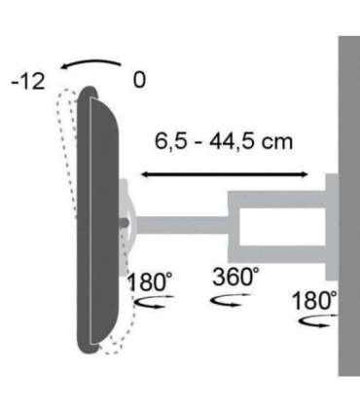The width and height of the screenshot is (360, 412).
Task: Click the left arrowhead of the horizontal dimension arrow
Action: pyautogui.click(x=143, y=174)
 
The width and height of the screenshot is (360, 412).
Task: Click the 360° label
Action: pyautogui.click(x=235, y=276)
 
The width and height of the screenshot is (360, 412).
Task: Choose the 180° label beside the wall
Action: pyautogui.click(x=313, y=299)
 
